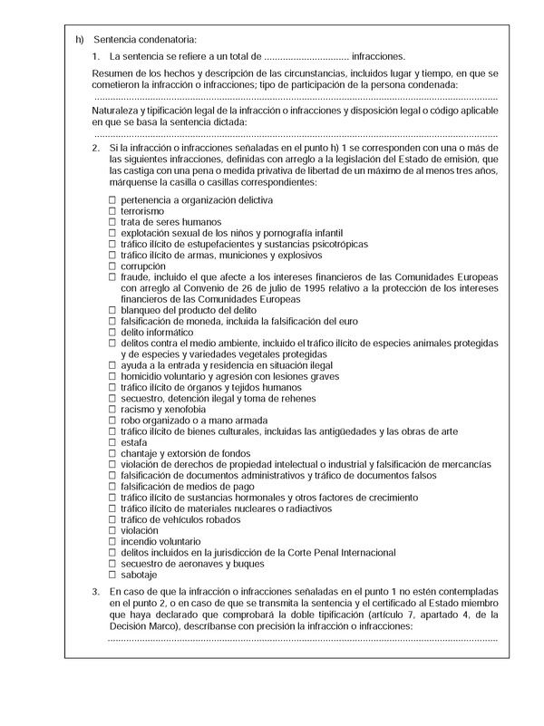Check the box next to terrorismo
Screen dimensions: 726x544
[x=112, y=210]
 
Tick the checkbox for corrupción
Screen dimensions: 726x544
[x=112, y=266]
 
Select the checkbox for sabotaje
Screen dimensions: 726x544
[x=112, y=575]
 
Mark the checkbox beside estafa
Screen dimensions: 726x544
[x=112, y=442]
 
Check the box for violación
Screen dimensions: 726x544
[x=112, y=530]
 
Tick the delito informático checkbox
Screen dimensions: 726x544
[x=112, y=332]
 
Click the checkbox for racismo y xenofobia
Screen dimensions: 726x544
[x=112, y=409]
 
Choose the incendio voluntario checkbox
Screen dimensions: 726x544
[x=112, y=541]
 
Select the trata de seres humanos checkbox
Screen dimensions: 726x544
[x=112, y=221]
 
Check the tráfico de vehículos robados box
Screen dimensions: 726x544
[x=112, y=519]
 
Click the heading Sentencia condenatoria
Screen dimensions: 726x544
[x=144, y=39]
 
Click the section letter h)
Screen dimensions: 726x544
[x=80, y=39]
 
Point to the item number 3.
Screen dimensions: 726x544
[x=96, y=591]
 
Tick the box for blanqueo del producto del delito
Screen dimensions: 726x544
[x=112, y=310]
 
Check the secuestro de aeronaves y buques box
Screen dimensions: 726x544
[x=112, y=564]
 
